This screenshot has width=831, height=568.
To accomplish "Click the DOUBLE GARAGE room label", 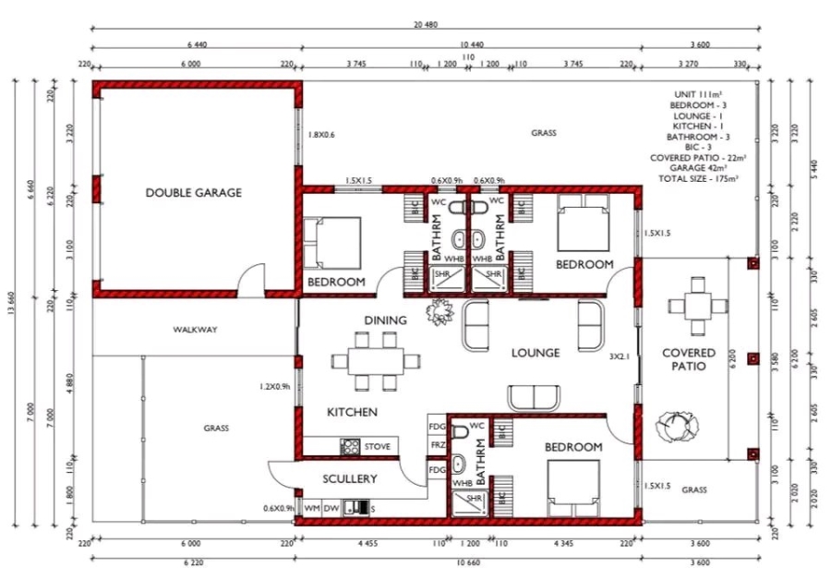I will [194, 193].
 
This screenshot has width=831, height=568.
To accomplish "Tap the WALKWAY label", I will [194, 330].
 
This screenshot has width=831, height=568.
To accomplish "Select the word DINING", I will [385, 320].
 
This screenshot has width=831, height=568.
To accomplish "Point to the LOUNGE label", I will [536, 353].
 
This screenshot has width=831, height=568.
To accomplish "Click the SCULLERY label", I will [350, 478].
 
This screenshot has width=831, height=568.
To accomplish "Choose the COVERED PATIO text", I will [688, 359].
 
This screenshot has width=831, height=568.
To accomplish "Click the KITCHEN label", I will [353, 411].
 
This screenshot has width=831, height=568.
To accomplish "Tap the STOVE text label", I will [378, 447].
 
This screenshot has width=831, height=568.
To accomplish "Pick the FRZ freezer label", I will [436, 446].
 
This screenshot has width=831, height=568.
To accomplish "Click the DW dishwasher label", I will [331, 507].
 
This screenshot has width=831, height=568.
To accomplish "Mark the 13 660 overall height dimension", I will [14, 309].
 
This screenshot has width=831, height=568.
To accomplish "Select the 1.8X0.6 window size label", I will [320, 135].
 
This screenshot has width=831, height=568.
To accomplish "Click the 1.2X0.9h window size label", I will [276, 386].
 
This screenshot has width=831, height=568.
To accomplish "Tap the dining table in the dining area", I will [375, 359].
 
